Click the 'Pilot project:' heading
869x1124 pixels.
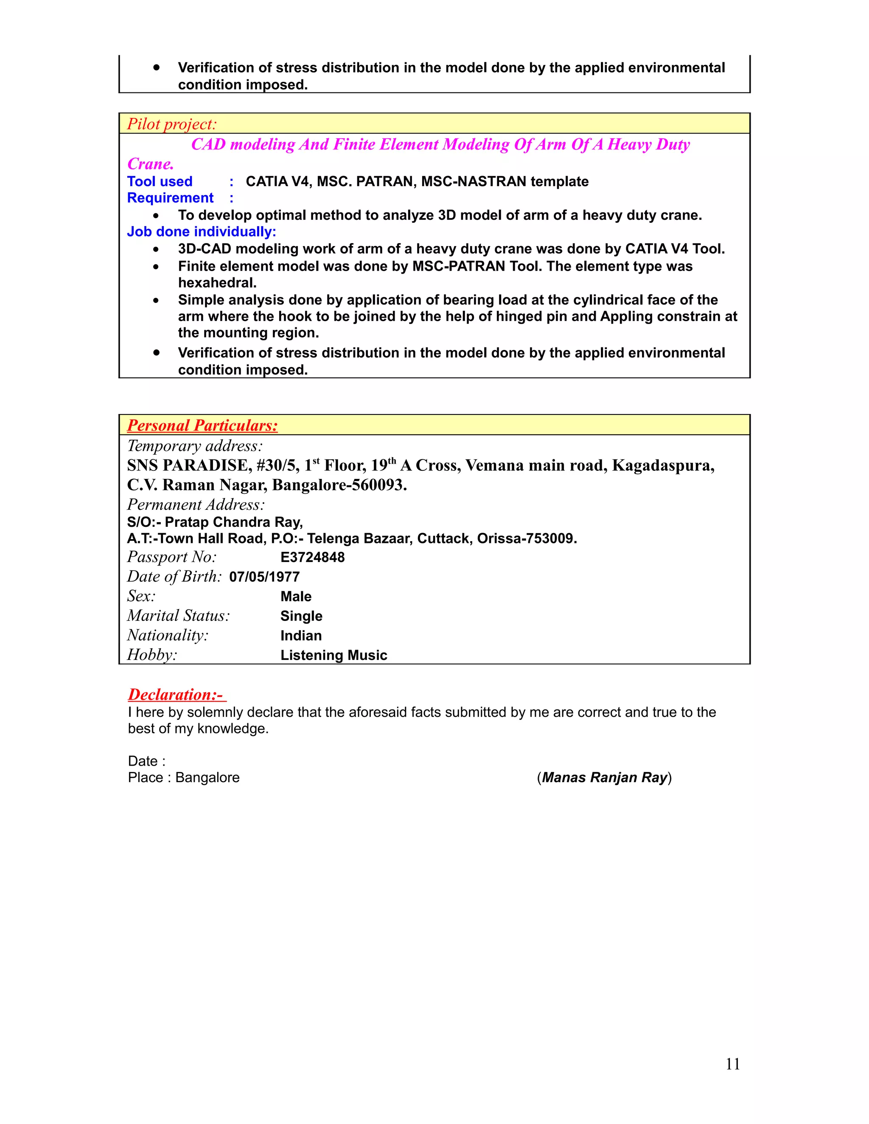click(172, 124)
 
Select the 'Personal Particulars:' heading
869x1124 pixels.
click(202, 425)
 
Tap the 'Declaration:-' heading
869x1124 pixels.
click(177, 695)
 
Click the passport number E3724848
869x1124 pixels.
click(312, 557)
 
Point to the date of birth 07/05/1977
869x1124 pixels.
click(264, 577)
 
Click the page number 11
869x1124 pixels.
click(732, 1064)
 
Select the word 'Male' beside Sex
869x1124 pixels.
click(296, 596)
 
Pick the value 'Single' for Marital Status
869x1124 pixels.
click(301, 616)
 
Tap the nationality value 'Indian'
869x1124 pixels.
click(301, 636)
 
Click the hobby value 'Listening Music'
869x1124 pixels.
click(334, 655)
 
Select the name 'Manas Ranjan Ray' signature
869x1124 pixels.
click(604, 777)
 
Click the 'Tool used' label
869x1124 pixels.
click(160, 182)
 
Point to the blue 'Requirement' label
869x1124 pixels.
click(171, 198)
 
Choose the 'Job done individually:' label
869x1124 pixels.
click(201, 232)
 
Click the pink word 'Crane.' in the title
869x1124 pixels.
click(150, 164)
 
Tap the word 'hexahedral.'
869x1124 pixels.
click(217, 283)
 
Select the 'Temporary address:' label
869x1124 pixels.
click(195, 446)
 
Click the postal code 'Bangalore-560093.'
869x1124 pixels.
click(339, 485)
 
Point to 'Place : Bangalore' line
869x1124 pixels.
click(184, 777)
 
